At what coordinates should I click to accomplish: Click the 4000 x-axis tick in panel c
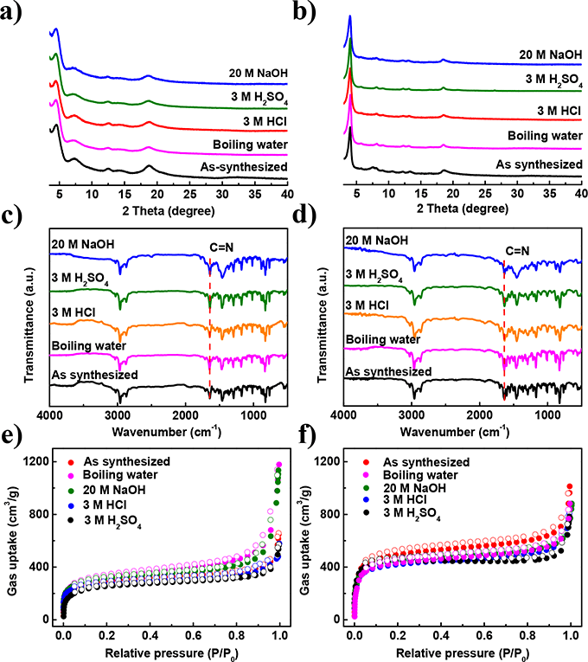click(x=50, y=416)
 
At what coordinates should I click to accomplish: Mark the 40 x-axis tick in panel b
click(x=581, y=195)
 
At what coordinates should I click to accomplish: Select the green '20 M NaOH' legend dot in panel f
click(x=374, y=492)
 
